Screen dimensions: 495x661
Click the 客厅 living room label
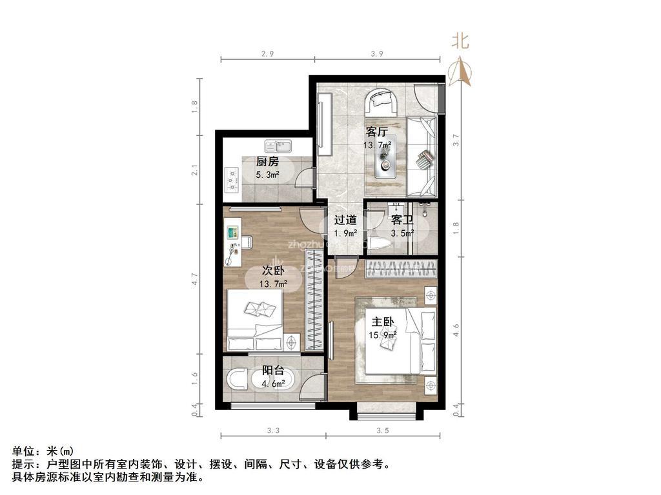tap(376, 132)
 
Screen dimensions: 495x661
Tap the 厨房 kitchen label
tap(267, 162)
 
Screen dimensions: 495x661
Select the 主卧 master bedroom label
tap(382, 321)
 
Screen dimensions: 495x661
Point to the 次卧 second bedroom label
tap(273, 271)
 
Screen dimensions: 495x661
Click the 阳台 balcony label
tap(273, 371)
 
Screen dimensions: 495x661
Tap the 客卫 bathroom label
tap(402, 220)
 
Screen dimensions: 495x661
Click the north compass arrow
tap(460, 72)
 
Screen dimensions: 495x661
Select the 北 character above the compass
tap(460, 42)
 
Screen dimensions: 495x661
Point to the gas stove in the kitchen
tap(230, 180)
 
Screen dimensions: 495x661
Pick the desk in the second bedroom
tap(232, 241)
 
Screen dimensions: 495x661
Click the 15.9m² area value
tap(382, 335)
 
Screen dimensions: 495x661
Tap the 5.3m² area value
tap(267, 175)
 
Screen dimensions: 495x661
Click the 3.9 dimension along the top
tap(378, 54)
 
